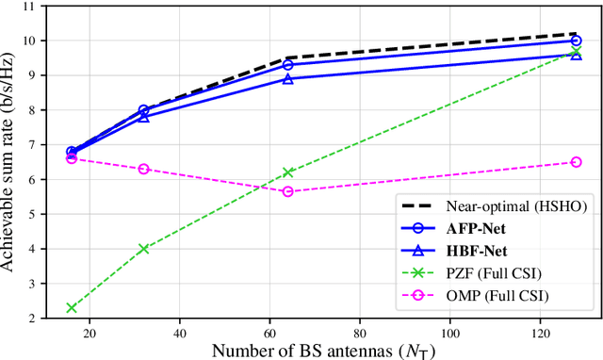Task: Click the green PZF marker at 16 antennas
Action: [x=72, y=308]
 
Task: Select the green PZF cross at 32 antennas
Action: [x=143, y=249]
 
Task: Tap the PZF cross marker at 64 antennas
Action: [x=288, y=172]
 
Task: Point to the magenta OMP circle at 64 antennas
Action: [x=288, y=191]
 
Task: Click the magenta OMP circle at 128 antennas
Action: [x=577, y=162]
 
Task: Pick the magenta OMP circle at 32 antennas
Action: [x=143, y=169]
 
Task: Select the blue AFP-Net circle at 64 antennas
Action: [x=288, y=65]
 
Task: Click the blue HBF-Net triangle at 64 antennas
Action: [x=288, y=78]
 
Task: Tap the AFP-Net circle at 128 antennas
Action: [x=577, y=41]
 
